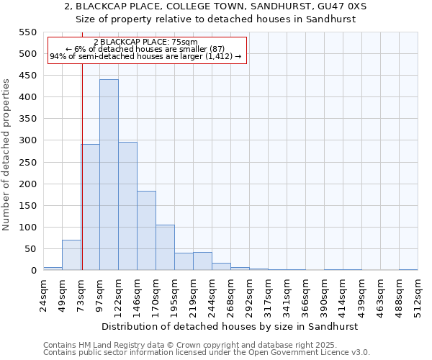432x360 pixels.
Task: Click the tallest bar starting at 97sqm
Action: (109, 175)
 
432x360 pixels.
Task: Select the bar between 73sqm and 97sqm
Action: (91, 207)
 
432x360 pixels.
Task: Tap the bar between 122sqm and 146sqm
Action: (127, 206)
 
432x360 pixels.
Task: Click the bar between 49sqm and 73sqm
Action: (71, 255)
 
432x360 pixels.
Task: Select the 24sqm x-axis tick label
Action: (43, 292)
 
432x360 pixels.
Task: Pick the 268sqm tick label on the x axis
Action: (230, 292)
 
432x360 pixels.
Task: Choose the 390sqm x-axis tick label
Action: (324, 292)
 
